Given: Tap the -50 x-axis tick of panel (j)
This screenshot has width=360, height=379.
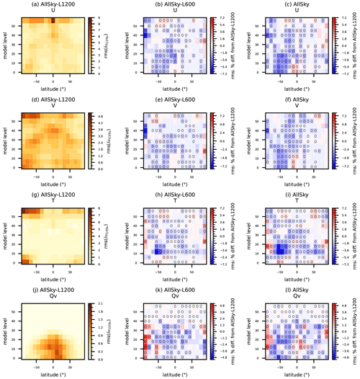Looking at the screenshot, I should (x=36, y=365).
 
